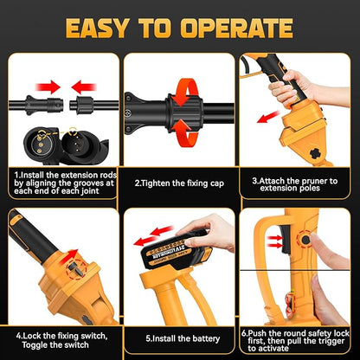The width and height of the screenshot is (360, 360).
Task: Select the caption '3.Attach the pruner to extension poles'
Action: tap(299, 183)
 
